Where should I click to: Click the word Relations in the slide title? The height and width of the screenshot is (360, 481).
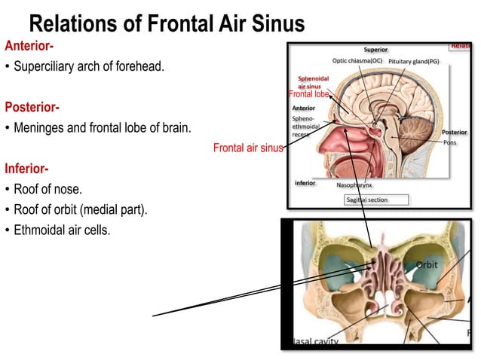[x=76, y=24]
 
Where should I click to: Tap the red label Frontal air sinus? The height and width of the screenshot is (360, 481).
[x=247, y=148]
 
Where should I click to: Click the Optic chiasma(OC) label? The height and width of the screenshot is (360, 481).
[x=357, y=60]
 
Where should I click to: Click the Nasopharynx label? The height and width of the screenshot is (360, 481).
[x=354, y=184]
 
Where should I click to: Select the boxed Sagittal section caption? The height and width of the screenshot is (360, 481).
[x=376, y=200]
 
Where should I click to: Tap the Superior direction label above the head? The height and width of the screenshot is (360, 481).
[x=375, y=50]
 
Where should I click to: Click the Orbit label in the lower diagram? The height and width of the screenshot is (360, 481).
[x=427, y=265]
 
